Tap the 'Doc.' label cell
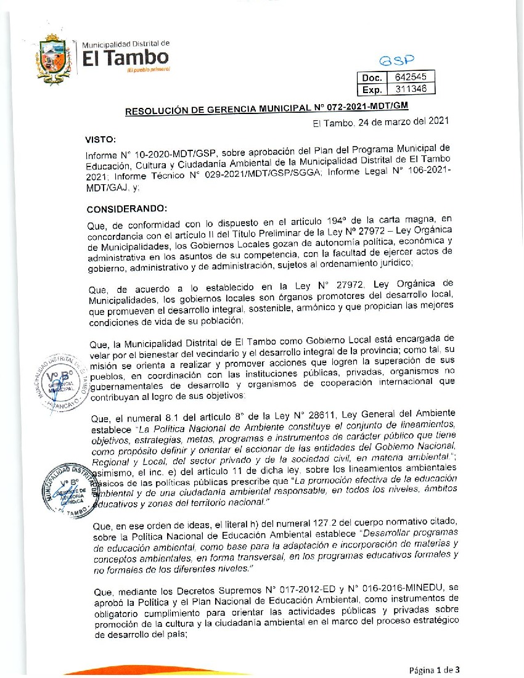(x=372, y=78)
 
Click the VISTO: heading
(x=102, y=140)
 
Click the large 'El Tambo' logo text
(x=125, y=57)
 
